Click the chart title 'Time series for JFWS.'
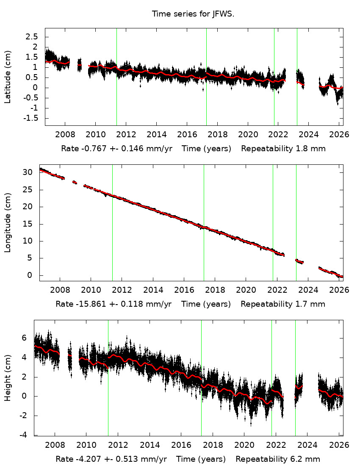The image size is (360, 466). click(x=193, y=14)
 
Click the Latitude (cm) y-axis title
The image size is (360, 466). click(x=8, y=77)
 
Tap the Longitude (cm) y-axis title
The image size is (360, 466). click(x=8, y=222)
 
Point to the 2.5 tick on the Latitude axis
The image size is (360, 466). click(x=32, y=37)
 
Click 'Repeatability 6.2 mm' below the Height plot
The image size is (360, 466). click(x=278, y=459)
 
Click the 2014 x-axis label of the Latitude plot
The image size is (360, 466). click(x=156, y=135)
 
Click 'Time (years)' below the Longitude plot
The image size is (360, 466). click(x=206, y=304)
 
